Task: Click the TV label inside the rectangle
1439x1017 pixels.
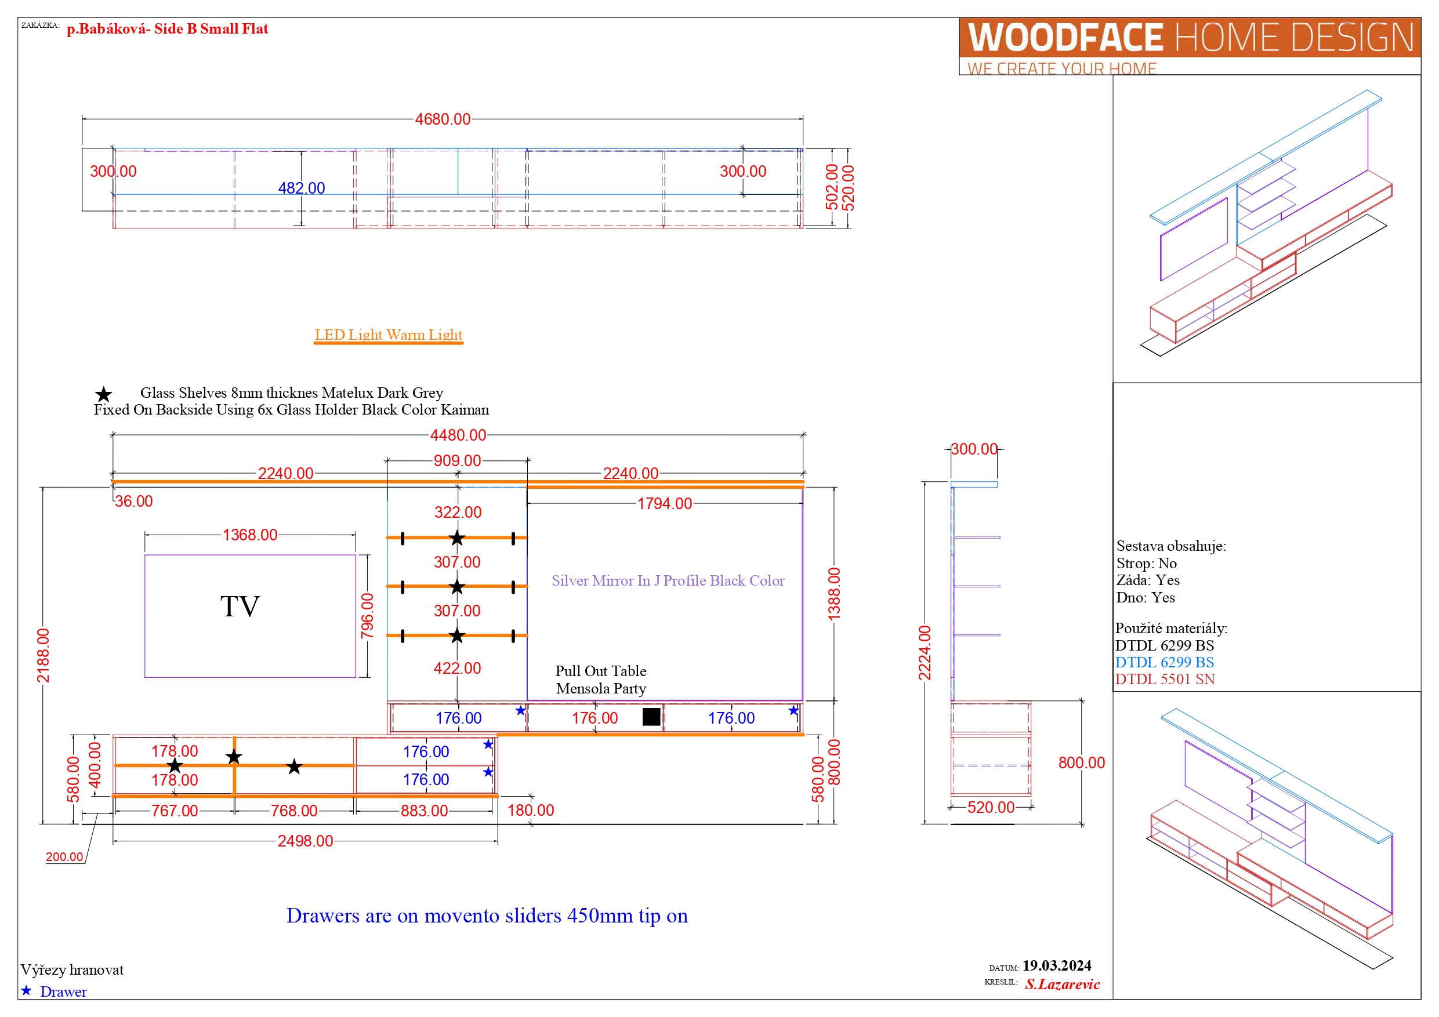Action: click(240, 606)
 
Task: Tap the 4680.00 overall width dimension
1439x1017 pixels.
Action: click(443, 119)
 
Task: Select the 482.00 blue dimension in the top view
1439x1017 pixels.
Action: click(302, 188)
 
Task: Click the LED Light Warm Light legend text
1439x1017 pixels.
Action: click(389, 335)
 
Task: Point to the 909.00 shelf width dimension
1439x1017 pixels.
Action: click(457, 460)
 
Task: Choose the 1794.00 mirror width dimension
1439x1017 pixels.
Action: click(664, 503)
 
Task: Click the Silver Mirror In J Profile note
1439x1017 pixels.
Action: click(668, 580)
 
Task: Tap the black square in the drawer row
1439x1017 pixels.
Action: click(651, 716)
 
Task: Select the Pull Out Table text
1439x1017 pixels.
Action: click(600, 670)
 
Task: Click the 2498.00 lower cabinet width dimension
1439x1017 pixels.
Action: click(305, 841)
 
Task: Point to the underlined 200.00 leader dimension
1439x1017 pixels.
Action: click(64, 856)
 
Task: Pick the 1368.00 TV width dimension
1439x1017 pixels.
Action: click(249, 535)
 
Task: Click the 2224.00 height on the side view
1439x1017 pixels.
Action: click(925, 653)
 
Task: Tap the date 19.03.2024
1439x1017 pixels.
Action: click(1057, 965)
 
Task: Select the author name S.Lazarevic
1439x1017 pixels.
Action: click(1063, 984)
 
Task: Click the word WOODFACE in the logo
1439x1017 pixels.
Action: click(1065, 38)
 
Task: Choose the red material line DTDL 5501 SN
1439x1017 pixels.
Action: click(1165, 679)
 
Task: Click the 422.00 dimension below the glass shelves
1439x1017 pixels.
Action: click(457, 668)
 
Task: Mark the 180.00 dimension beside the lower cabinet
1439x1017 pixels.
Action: click(530, 810)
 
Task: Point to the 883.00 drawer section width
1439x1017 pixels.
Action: click(425, 811)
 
